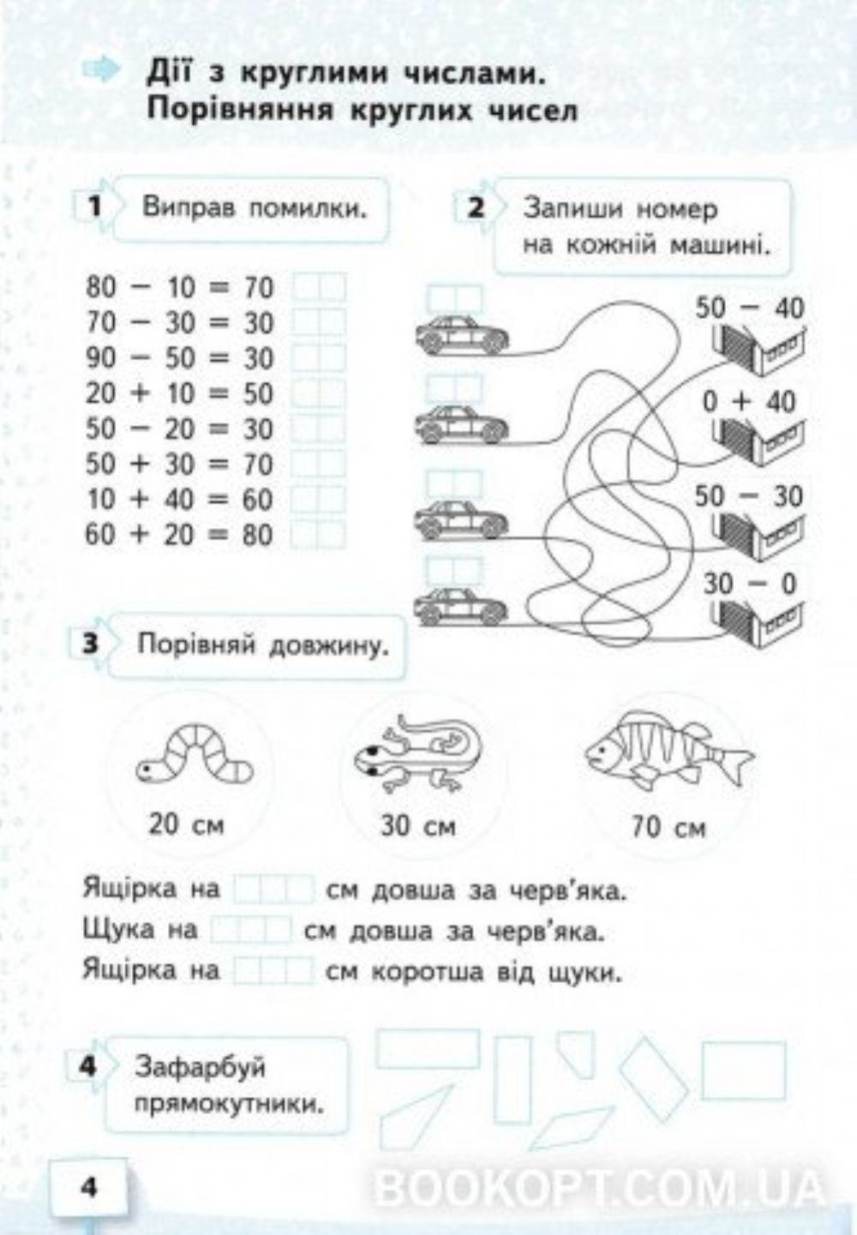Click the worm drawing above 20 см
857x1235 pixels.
(x=195, y=754)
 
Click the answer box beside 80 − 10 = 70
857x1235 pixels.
(x=319, y=287)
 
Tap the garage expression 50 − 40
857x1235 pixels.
(x=749, y=307)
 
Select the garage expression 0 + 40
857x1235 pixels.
(x=749, y=401)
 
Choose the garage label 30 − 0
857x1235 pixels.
(x=749, y=584)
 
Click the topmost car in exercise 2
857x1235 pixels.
(x=461, y=333)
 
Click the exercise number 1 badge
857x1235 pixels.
(x=94, y=207)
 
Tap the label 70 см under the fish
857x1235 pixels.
(x=668, y=828)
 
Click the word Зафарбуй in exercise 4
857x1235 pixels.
(x=201, y=1067)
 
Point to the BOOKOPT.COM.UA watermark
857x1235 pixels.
(x=600, y=1187)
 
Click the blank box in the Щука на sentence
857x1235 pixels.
(x=251, y=930)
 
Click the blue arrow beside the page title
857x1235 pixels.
(x=103, y=70)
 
